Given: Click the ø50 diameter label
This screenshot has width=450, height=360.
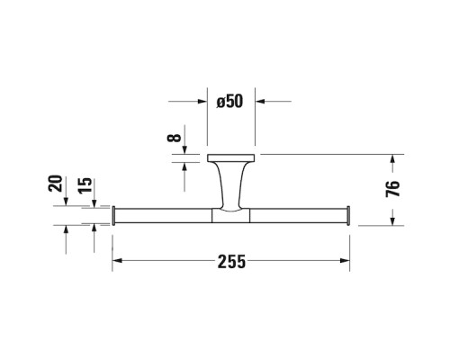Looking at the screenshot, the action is coord(229,102).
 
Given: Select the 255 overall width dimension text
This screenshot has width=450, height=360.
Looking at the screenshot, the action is coord(231,261).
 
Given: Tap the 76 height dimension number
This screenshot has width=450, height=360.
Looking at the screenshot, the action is coord(392,189).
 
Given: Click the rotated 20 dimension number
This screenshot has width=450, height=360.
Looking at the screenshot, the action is coord(55,184).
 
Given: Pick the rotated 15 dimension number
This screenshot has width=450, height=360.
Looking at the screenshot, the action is coord(85,185).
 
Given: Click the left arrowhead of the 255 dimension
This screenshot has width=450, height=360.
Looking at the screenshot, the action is coord(117,261).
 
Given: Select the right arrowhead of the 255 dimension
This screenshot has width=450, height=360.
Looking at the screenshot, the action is coord(345,261).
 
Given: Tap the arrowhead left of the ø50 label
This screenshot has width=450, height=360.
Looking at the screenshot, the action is coord(202,102).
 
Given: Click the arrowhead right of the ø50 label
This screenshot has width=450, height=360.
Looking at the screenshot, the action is coord(260,102).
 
